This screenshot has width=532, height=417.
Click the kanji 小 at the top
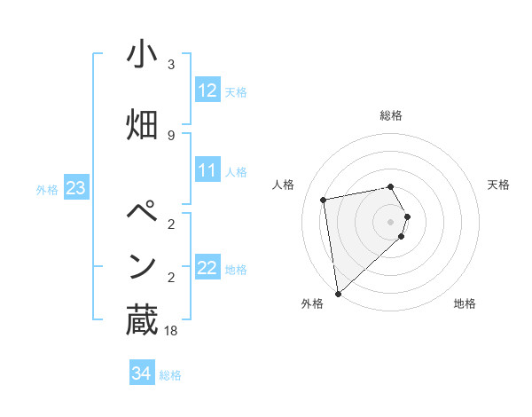pos(142,55)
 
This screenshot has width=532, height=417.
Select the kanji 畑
pos(142,125)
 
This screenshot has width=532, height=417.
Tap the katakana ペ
pos(142,213)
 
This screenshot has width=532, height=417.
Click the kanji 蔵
pos(142,319)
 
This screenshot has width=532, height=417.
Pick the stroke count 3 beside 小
pos(171,65)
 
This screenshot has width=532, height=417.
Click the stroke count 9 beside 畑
pos(171,135)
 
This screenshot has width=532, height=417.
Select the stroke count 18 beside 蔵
pos(171,331)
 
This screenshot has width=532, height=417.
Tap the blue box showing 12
pos(207,90)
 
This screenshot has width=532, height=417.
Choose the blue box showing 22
pos(207,267)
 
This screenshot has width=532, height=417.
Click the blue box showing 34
pos(141,374)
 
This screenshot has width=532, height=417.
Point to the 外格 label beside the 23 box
pos(47,189)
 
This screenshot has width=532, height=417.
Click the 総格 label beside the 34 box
pos(170,375)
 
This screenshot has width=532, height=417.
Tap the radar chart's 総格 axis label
pos(390,115)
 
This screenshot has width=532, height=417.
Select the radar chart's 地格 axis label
pos(465,303)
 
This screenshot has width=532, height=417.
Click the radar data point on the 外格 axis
pos(338,293)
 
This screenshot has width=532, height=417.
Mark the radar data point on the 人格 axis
pos(324,201)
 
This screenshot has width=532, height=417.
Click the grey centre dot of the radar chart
pos(390,221)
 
